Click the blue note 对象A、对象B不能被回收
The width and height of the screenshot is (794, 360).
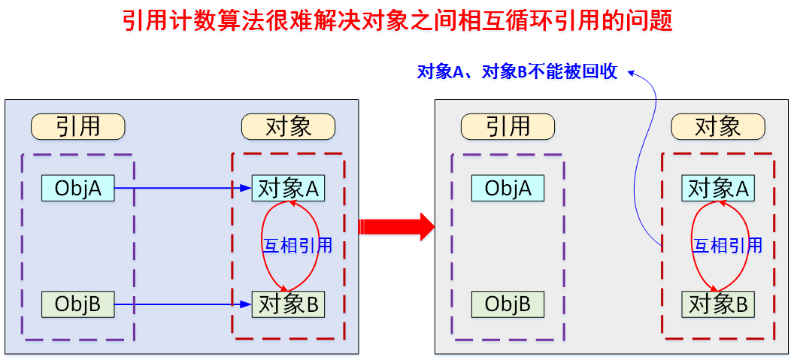[517, 72]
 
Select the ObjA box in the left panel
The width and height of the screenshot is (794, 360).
[77, 189]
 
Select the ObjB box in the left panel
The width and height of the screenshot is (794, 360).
[77, 304]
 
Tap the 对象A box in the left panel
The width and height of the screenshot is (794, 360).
[288, 189]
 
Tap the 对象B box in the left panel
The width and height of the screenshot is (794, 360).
[288, 304]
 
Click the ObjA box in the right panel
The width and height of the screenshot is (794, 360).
[508, 189]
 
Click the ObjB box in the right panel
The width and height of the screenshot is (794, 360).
[508, 304]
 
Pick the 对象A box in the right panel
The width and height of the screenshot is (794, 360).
[718, 189]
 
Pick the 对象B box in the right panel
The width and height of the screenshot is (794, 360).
[718, 304]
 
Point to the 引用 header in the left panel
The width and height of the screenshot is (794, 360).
[77, 126]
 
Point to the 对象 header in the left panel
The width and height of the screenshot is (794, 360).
[288, 126]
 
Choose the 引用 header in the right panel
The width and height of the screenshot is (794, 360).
[508, 126]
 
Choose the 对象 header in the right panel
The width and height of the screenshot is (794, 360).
[718, 126]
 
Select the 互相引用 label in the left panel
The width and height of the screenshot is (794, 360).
[297, 246]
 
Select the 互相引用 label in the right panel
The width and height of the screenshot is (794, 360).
[727, 246]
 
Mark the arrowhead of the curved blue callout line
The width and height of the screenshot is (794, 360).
[632, 72]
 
